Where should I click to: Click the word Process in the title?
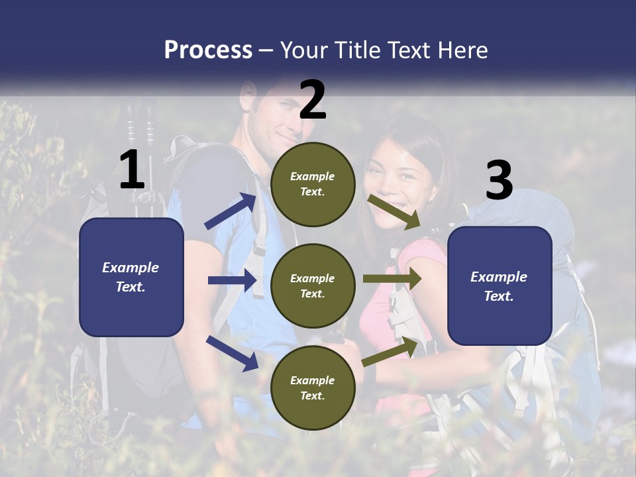point(208,50)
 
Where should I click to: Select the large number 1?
point(132,170)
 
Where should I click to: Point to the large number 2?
point(313,100)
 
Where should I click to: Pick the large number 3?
point(499,181)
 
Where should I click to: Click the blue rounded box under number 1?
point(131,277)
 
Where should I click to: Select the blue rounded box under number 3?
point(500,286)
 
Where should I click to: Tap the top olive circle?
point(313,184)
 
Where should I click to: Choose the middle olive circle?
point(313,286)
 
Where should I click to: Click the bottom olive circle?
point(313,388)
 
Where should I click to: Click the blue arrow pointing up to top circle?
point(231,211)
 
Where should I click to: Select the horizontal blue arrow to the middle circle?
point(232,280)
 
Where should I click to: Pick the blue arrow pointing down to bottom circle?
point(232,352)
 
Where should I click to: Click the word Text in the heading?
point(414,50)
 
